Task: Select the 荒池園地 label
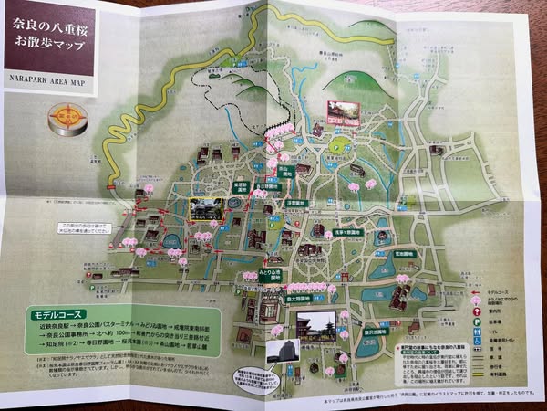[x=406, y=252]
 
